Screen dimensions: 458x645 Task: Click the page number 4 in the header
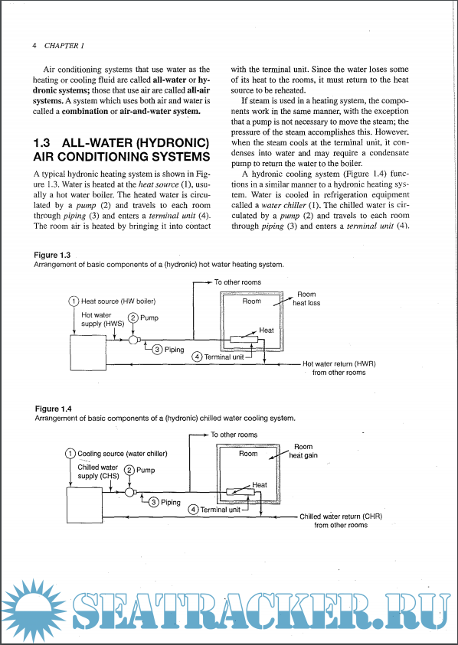point(34,46)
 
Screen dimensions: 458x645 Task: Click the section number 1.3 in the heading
point(41,143)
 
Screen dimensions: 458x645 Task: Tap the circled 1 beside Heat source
point(74,301)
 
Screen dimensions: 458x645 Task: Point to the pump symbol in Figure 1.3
point(133,340)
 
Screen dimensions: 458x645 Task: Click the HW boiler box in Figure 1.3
point(88,351)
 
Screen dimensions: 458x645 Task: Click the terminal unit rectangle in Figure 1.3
point(244,340)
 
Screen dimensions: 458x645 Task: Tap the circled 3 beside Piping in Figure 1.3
point(157,350)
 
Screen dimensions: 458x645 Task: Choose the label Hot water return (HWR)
point(339,364)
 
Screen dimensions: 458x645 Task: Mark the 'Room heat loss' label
point(306,298)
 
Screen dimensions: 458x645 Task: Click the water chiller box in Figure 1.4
point(85,504)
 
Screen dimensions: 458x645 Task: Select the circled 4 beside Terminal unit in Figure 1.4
point(193,510)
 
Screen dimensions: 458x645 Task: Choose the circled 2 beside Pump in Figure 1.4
point(130,470)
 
